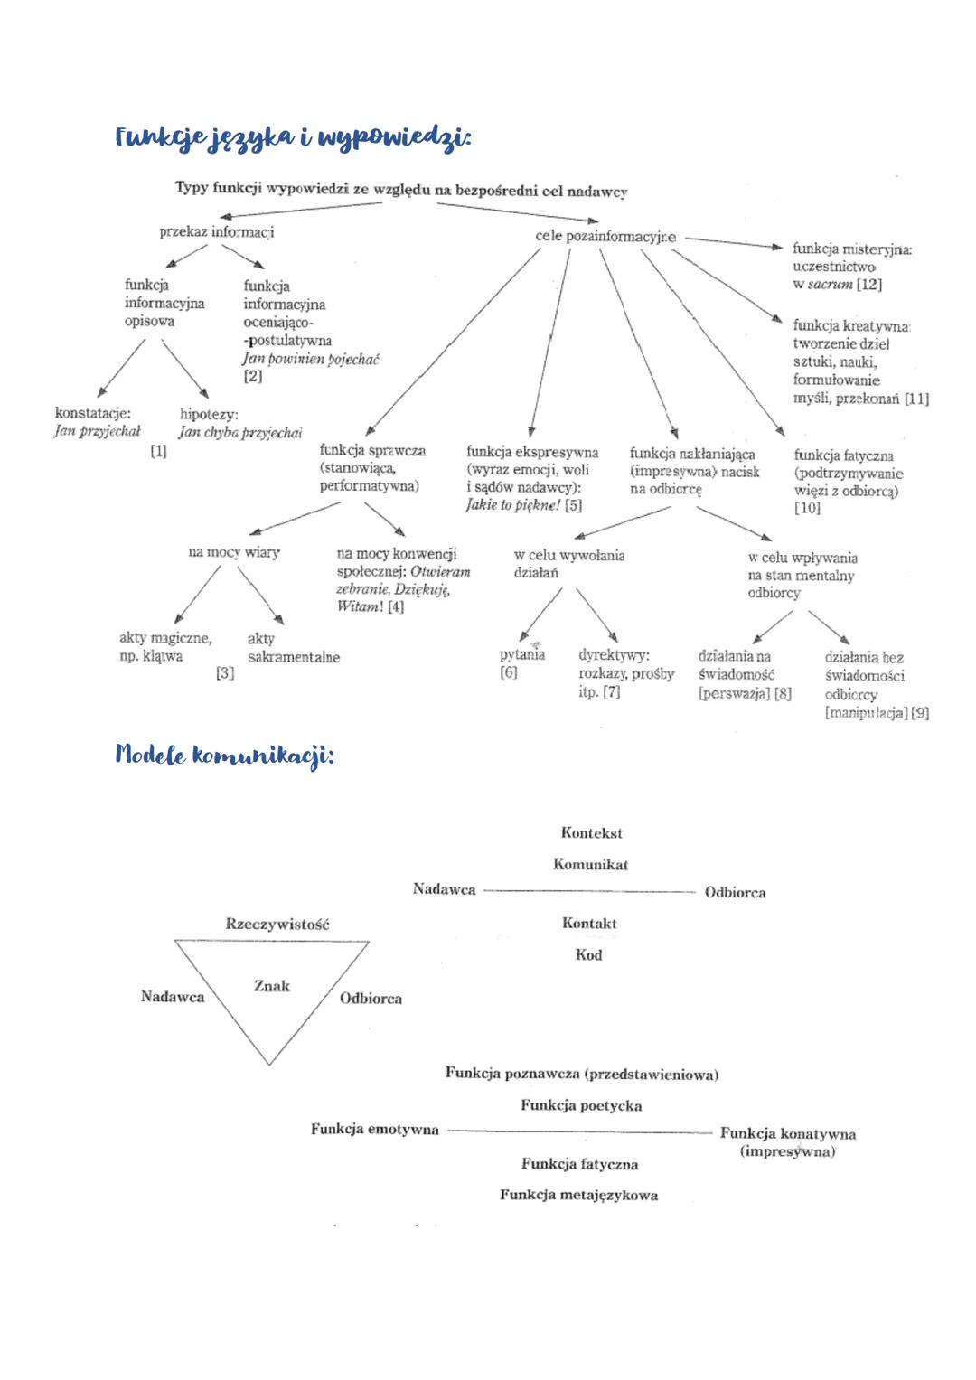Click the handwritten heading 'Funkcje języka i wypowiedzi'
[x=293, y=138]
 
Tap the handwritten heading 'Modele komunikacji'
[x=224, y=756]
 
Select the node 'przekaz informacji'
[x=217, y=232]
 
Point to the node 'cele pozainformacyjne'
[x=605, y=236]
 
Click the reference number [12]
[x=869, y=285]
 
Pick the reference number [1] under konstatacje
[x=159, y=451]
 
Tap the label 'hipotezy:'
[x=209, y=414]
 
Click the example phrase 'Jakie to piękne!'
[x=513, y=505]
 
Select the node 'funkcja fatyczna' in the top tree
[x=843, y=455]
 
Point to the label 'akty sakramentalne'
[x=293, y=648]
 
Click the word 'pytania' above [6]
[x=522, y=654]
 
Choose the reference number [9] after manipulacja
[x=920, y=713]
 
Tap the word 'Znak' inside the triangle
[x=272, y=986]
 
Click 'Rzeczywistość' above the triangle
[x=277, y=924]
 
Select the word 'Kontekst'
[x=592, y=833]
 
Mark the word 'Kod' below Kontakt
[x=588, y=954]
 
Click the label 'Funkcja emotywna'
[x=375, y=1129]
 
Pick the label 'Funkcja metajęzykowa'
[x=578, y=1195]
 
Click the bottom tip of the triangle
[x=269, y=1064]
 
